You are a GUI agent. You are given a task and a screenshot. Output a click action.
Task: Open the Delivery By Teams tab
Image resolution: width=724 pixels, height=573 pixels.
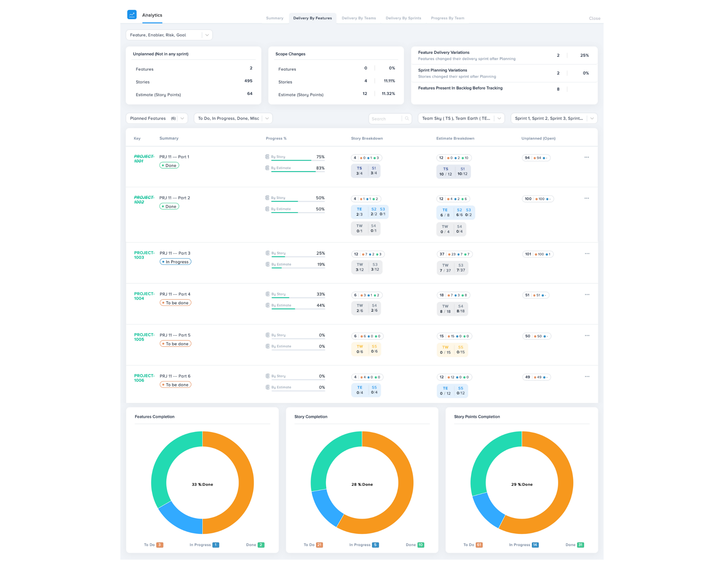coord(358,18)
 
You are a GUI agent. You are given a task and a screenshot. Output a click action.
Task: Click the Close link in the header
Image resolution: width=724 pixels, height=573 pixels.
coord(594,18)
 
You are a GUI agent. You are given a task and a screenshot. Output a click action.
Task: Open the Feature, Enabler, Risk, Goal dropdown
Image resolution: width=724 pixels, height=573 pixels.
coord(169,35)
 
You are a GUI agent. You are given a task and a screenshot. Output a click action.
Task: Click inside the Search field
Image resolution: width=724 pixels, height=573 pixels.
coord(386,119)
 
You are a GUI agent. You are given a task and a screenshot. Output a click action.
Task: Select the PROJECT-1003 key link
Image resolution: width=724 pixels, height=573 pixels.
coord(144,255)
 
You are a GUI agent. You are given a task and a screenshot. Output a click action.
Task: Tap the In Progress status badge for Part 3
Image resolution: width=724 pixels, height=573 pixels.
coord(176,262)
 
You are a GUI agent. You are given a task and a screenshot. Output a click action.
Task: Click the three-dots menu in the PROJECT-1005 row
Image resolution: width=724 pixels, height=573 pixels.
coord(587,335)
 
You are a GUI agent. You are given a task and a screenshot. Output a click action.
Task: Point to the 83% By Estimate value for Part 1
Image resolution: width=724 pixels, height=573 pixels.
coord(320,168)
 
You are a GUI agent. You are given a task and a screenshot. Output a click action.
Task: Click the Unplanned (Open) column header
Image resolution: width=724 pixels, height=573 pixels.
coord(538,138)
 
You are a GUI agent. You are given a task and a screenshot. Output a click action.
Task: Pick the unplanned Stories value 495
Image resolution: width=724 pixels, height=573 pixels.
coord(248,81)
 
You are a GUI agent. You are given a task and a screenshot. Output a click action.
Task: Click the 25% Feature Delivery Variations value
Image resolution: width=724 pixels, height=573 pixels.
coord(584,55)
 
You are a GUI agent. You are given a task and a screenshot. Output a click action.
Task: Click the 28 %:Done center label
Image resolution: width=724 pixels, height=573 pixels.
coord(362,484)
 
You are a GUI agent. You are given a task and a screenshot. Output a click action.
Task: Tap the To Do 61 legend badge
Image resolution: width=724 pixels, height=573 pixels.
coord(479,545)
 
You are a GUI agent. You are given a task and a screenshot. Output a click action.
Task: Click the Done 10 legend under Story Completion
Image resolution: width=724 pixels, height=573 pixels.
coord(420,545)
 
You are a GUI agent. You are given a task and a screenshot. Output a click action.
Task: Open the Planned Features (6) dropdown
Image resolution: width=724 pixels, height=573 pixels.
coord(157,119)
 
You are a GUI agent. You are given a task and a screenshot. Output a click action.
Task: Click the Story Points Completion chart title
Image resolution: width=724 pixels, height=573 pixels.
coord(477,417)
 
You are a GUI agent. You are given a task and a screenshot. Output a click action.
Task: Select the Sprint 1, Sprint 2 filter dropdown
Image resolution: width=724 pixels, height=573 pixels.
coord(554,119)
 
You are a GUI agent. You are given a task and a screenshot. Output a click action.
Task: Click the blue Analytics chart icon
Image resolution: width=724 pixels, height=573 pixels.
coord(132,14)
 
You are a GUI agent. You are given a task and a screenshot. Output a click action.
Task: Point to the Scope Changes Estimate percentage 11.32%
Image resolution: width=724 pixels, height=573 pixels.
coord(388,93)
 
